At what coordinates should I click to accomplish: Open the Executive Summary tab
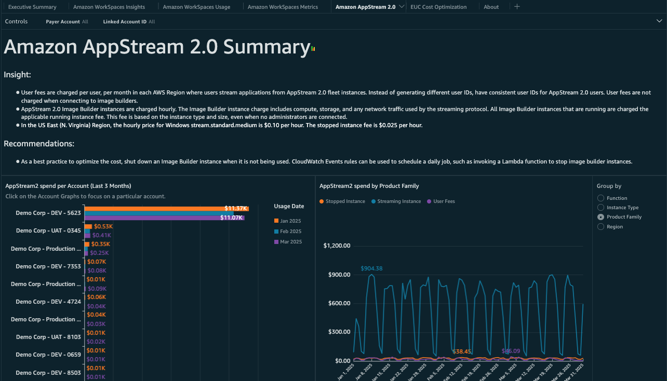(32, 7)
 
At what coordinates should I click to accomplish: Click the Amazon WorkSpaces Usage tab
(196, 7)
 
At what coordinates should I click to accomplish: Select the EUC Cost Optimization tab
(438, 7)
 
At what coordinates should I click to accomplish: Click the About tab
(491, 7)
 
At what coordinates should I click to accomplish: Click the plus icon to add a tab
(517, 7)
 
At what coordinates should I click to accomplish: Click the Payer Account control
(66, 22)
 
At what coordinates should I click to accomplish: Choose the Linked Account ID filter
(128, 22)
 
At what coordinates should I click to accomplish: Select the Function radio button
(601, 198)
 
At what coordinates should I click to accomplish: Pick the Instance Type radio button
(601, 208)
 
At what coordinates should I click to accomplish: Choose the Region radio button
(601, 227)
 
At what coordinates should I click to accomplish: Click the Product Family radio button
(601, 217)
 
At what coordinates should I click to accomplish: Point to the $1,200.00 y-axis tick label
(337, 246)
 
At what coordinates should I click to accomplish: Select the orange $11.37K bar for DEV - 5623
(166, 209)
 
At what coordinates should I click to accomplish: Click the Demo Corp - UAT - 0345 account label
(48, 230)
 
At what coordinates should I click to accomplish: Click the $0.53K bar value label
(103, 226)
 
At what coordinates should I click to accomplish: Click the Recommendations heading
(39, 144)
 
